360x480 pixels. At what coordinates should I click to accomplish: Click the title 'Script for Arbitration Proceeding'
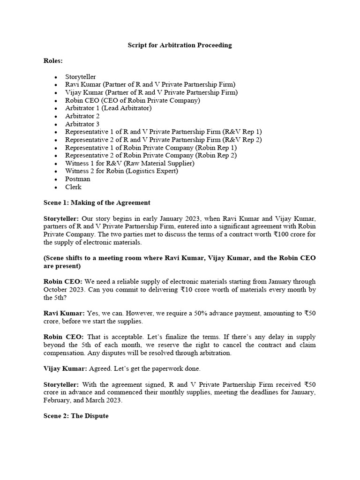pyautogui.click(x=180, y=45)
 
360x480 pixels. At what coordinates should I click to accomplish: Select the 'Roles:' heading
pyautogui.click(x=53, y=61)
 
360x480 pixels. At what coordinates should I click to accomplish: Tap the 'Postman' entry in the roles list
pyautogui.click(x=78, y=179)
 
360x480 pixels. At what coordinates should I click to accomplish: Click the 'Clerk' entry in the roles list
pyautogui.click(x=74, y=187)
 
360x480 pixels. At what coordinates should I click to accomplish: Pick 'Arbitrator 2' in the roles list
pyautogui.click(x=82, y=116)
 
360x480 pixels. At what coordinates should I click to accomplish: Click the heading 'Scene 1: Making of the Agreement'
pyautogui.click(x=97, y=202)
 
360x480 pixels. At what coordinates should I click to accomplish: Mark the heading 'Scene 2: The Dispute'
pyautogui.click(x=76, y=415)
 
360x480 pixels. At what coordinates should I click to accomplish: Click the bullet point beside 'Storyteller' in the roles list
pyautogui.click(x=56, y=76)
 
